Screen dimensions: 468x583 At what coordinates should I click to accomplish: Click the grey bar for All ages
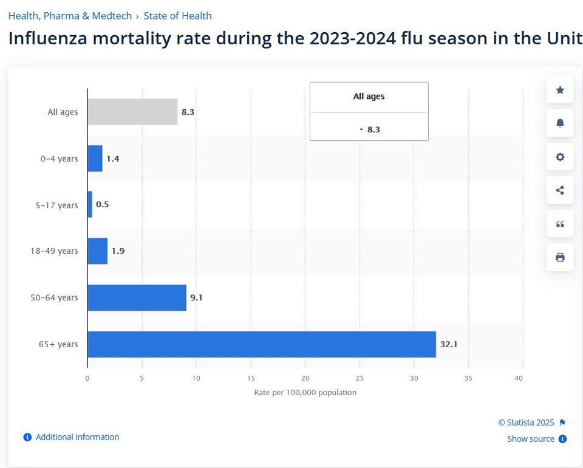click(132, 112)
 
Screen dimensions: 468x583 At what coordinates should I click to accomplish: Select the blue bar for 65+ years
click(261, 344)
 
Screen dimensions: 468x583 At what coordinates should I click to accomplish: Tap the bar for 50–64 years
click(137, 297)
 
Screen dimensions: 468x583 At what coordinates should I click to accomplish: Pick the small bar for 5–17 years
click(90, 205)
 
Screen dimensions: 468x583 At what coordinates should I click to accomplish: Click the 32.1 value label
click(448, 344)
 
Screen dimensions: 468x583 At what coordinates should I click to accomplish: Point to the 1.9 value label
click(118, 251)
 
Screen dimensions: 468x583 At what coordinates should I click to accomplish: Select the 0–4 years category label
click(60, 158)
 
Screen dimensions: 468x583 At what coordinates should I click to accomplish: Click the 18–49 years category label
click(55, 251)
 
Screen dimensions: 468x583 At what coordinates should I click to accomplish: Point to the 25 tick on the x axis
click(360, 378)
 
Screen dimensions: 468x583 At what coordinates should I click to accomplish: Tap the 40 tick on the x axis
click(518, 378)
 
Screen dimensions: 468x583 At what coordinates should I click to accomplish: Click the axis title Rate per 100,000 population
click(305, 392)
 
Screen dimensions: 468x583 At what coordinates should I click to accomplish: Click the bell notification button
click(560, 123)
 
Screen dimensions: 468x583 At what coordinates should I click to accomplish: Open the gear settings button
click(560, 157)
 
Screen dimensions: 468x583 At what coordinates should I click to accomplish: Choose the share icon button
click(560, 190)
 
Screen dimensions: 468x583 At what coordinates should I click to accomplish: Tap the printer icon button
click(560, 257)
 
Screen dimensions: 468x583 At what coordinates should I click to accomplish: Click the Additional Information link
click(77, 437)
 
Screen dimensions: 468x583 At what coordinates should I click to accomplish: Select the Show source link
click(531, 439)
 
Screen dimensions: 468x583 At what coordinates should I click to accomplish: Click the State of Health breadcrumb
click(177, 16)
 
